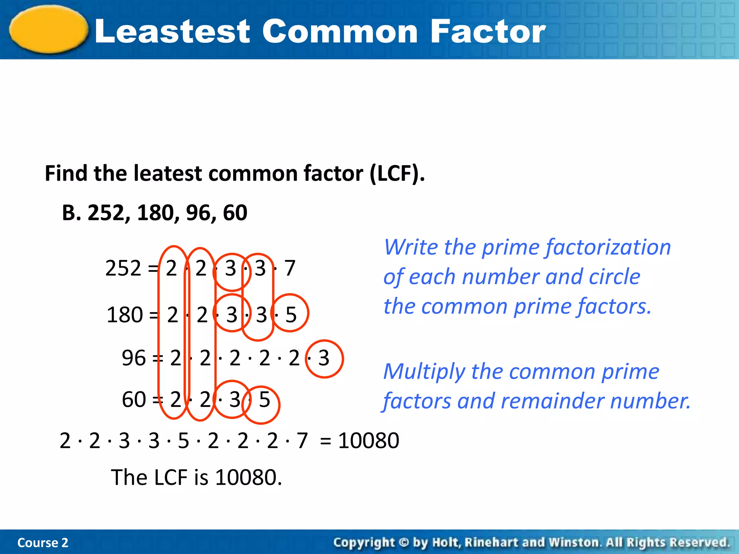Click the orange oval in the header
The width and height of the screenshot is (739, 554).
(x=49, y=30)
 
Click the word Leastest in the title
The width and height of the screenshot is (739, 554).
(x=172, y=32)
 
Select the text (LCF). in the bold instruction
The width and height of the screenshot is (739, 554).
(x=397, y=173)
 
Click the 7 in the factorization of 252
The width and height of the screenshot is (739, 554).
(x=290, y=268)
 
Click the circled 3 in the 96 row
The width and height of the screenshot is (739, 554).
(x=324, y=359)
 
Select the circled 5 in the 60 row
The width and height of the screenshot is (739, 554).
(x=264, y=400)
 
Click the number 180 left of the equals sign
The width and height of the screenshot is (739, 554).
(x=125, y=315)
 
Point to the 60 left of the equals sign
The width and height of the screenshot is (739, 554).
(x=134, y=400)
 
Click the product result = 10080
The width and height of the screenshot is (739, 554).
(x=359, y=441)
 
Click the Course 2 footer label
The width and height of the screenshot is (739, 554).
(x=43, y=542)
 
